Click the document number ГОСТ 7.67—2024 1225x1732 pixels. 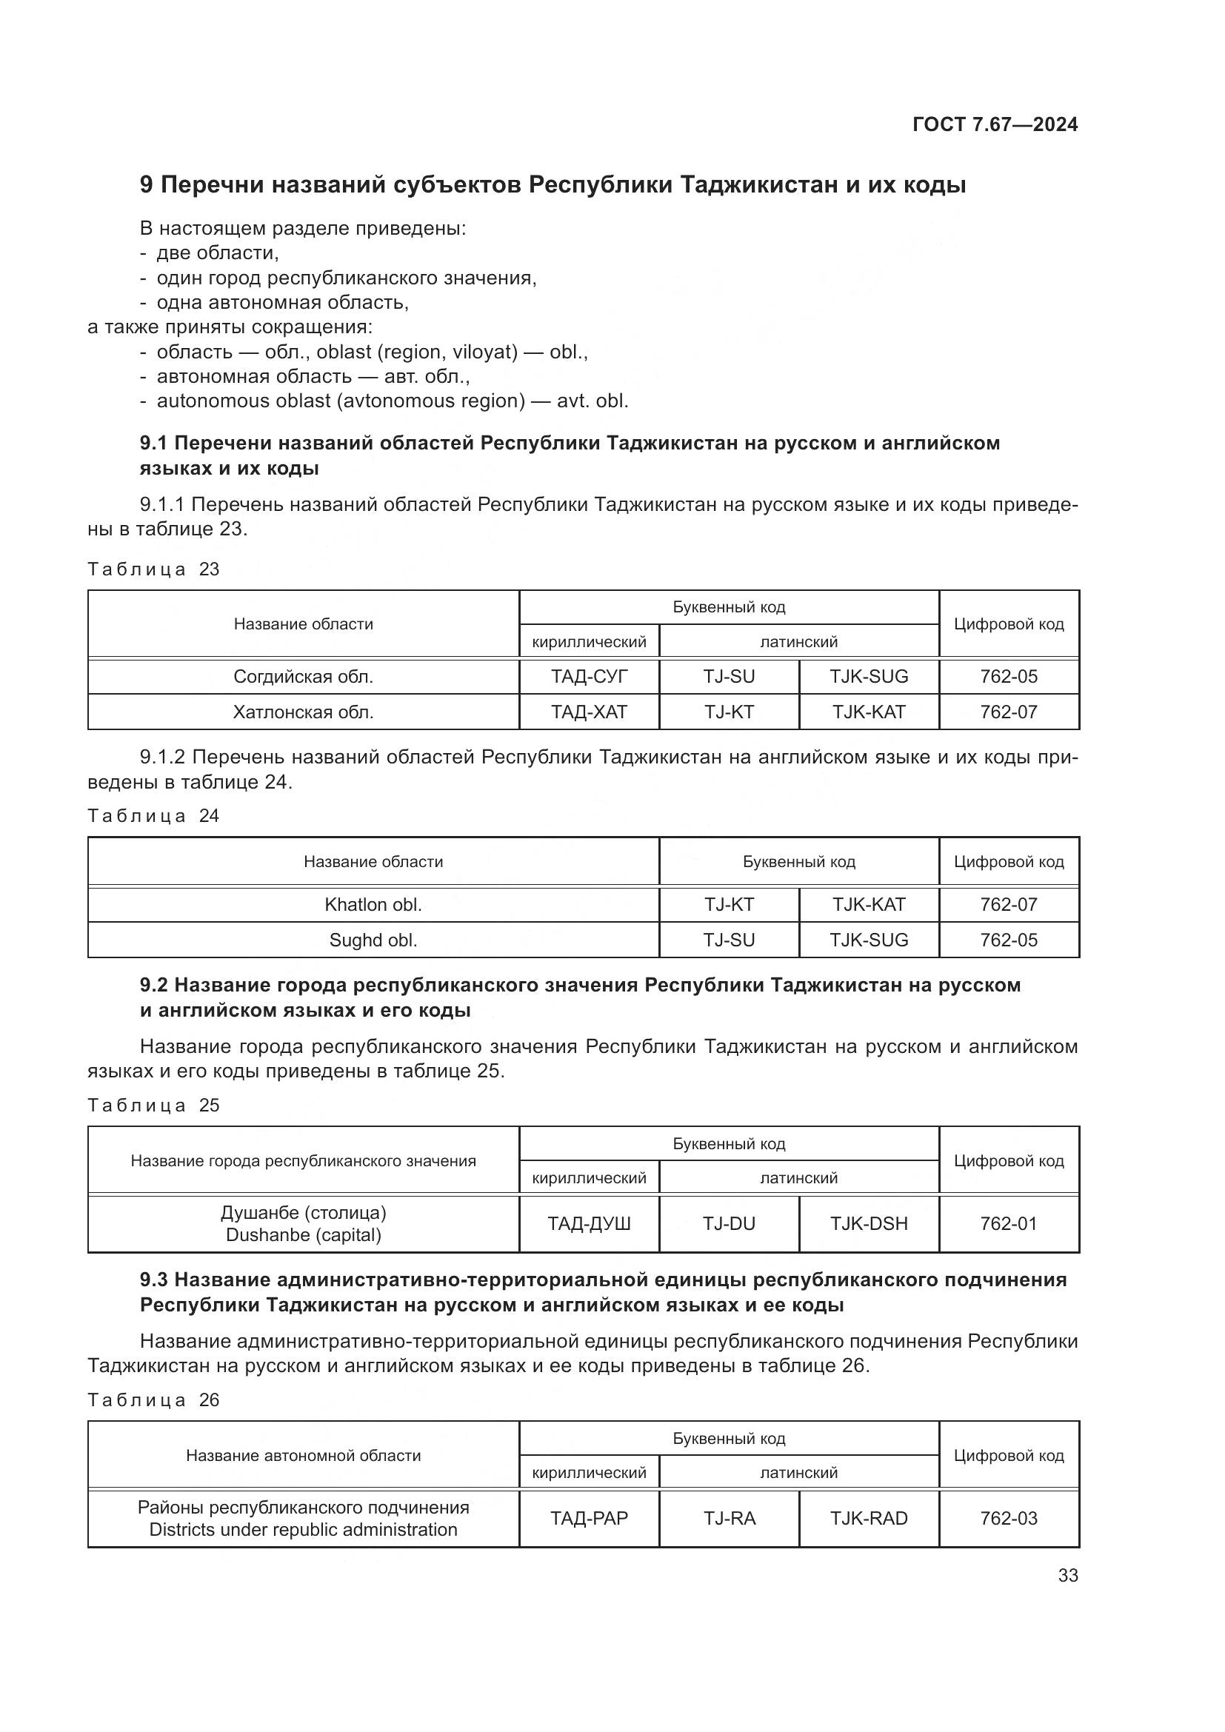pyautogui.click(x=995, y=125)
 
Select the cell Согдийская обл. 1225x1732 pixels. pyautogui.click(x=303, y=677)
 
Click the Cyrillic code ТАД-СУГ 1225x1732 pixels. pyautogui.click(x=589, y=677)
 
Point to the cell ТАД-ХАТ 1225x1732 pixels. pyautogui.click(x=589, y=712)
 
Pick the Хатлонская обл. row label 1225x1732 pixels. pyautogui.click(x=303, y=712)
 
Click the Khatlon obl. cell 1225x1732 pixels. pyautogui.click(x=373, y=904)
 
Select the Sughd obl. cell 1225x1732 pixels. pyautogui.click(x=373, y=940)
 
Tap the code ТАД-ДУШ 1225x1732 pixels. pyautogui.click(x=589, y=1223)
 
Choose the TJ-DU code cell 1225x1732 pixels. pyautogui.click(x=729, y=1223)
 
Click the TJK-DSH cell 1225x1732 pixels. pyautogui.click(x=869, y=1223)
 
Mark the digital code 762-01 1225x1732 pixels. pyautogui.click(x=1009, y=1223)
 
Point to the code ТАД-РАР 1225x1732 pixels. pyautogui.click(x=589, y=1518)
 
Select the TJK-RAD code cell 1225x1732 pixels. pyautogui.click(x=869, y=1518)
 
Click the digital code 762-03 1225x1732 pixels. pyautogui.click(x=1009, y=1518)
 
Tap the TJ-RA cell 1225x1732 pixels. pyautogui.click(x=729, y=1518)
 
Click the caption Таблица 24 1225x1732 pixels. pyautogui.click(x=153, y=815)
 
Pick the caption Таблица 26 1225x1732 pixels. pyautogui.click(x=153, y=1400)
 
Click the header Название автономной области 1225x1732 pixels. pyautogui.click(x=303, y=1455)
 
